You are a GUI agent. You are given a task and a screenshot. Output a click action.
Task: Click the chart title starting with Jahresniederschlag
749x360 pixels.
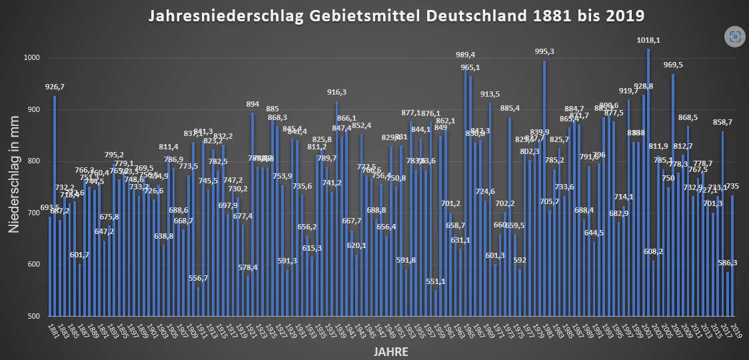[396, 15]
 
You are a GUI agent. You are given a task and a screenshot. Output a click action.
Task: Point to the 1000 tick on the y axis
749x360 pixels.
[32, 59]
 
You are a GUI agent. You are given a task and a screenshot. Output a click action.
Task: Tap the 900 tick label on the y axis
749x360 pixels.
[33, 110]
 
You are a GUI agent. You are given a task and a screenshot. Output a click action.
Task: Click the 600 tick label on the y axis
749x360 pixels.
[33, 265]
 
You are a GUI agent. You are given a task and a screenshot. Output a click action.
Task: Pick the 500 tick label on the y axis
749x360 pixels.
[33, 316]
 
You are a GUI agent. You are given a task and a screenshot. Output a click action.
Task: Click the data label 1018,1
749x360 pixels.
[648, 41]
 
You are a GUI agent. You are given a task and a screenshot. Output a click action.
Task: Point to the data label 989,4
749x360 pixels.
[465, 55]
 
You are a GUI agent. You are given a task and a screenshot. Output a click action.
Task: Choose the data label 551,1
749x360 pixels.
[436, 281]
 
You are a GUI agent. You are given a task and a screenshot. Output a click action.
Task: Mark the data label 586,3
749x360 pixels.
[728, 263]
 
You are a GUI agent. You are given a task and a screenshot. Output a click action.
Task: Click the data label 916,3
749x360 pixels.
[337, 92]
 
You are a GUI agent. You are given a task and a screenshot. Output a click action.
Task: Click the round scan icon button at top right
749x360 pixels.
[735, 37]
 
